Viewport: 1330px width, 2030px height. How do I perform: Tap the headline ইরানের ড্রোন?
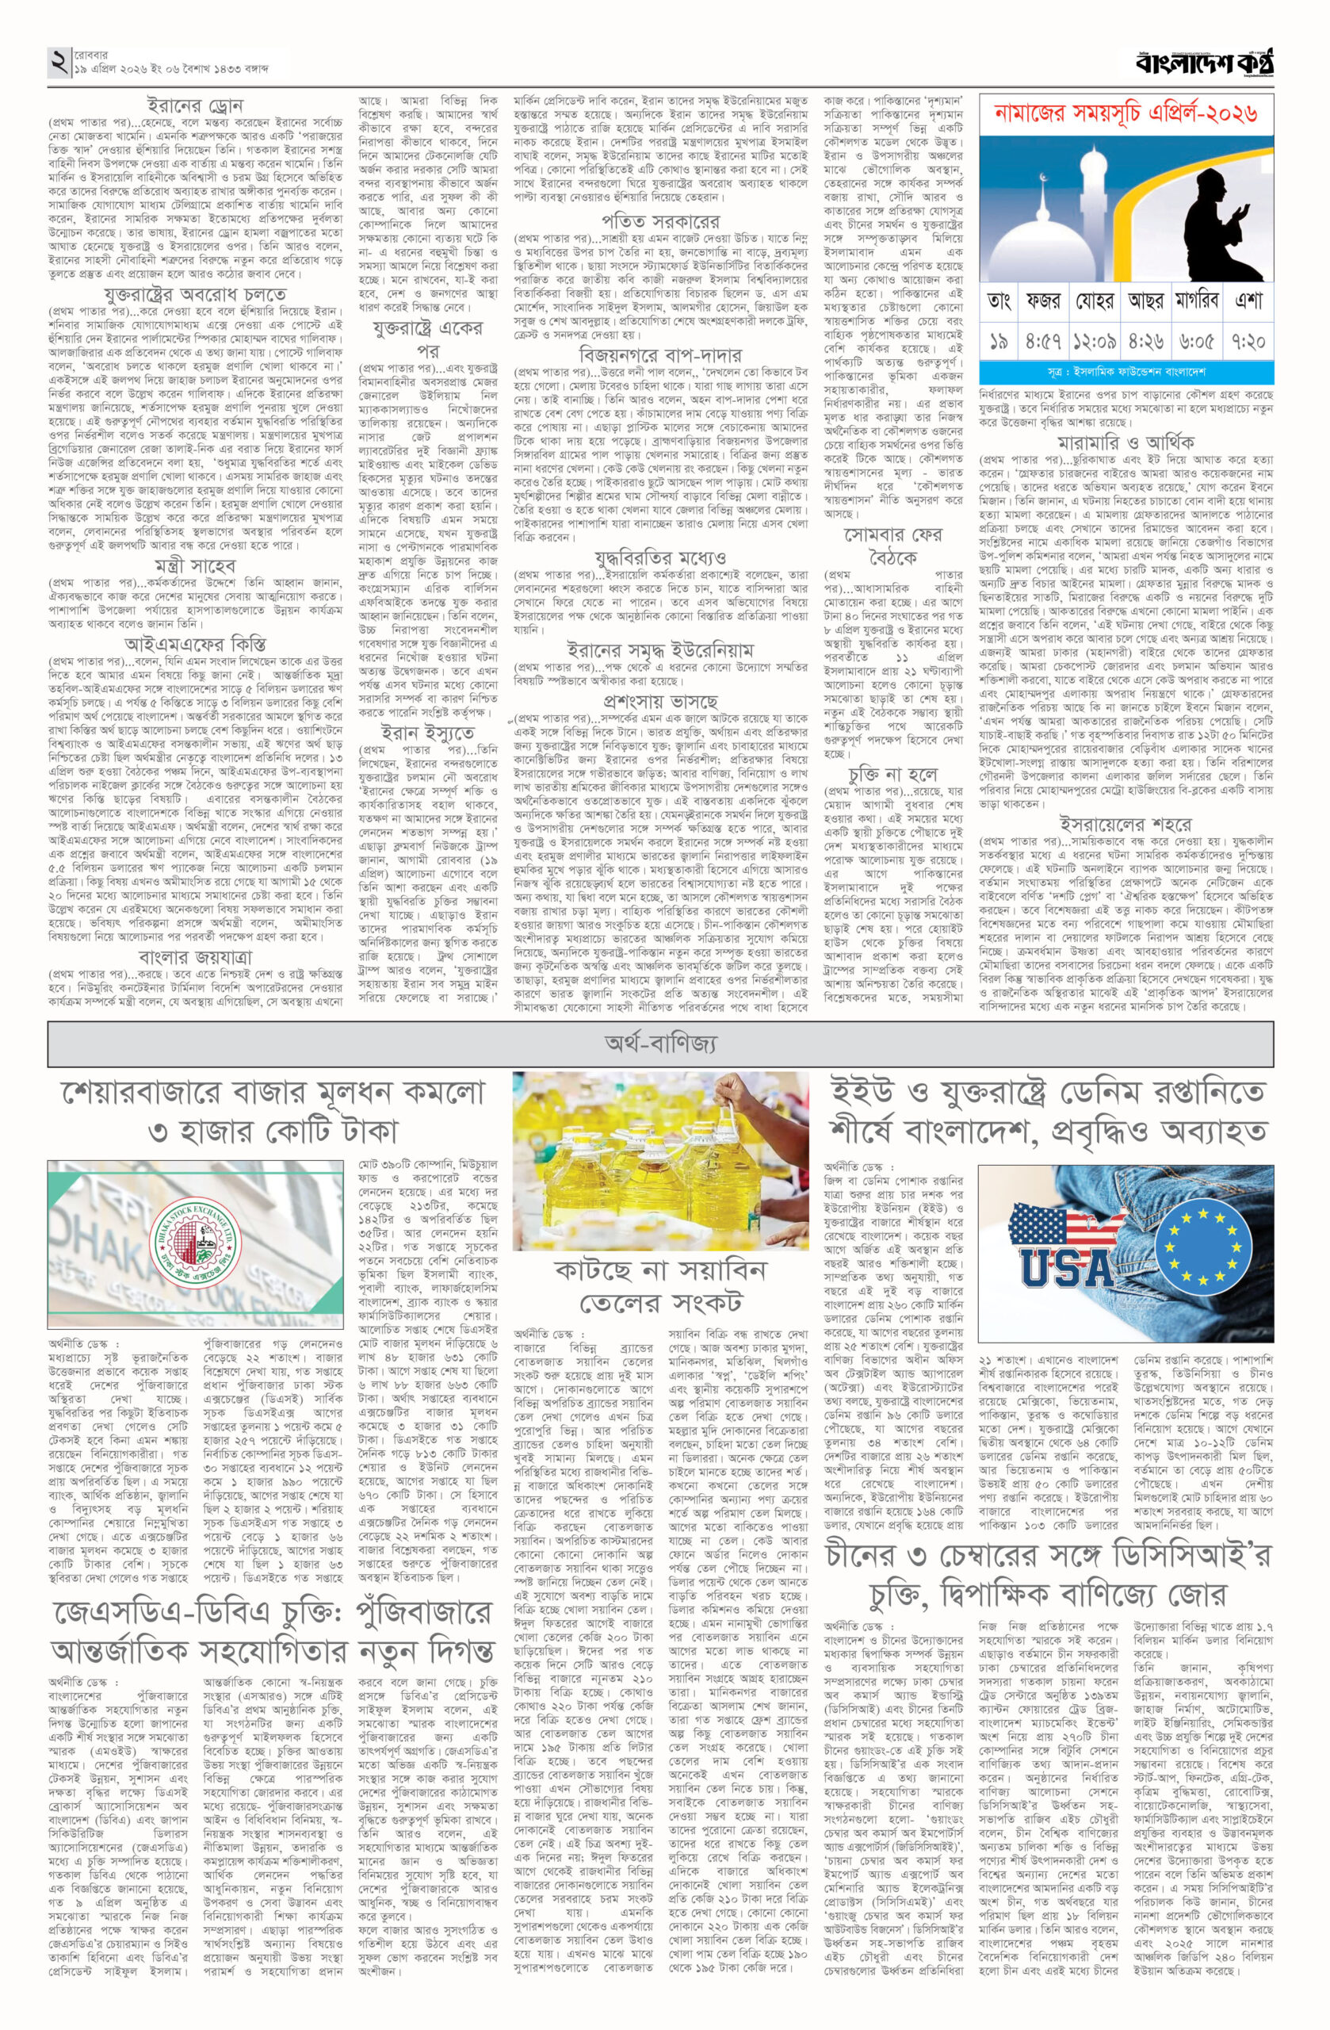194,106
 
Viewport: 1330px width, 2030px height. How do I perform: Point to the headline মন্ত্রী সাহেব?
193,566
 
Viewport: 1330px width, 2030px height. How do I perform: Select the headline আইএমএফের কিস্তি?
194,642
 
